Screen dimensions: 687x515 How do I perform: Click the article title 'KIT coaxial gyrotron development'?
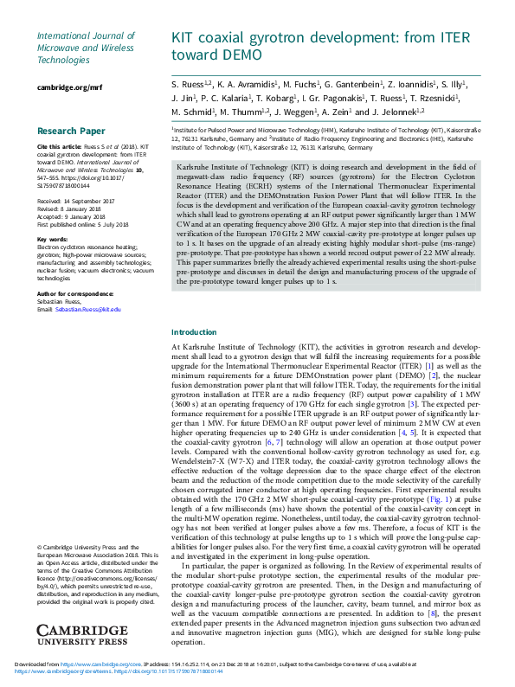(321, 39)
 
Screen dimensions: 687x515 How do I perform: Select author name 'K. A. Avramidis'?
(247, 84)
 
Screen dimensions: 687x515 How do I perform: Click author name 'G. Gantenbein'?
(351, 84)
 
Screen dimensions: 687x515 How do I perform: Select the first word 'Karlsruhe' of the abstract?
(194, 164)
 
